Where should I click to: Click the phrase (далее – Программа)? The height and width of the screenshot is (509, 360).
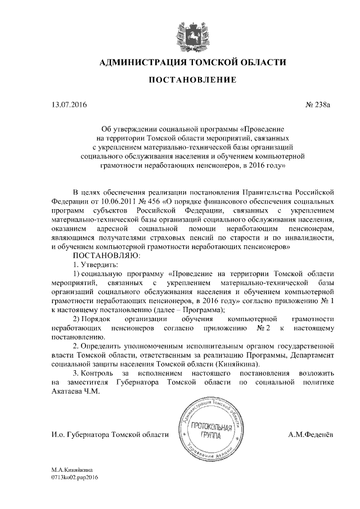(x=191, y=309)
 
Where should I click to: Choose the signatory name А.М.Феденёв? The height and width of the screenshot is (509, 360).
(x=311, y=435)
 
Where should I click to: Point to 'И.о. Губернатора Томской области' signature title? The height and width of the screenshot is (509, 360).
(x=110, y=435)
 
